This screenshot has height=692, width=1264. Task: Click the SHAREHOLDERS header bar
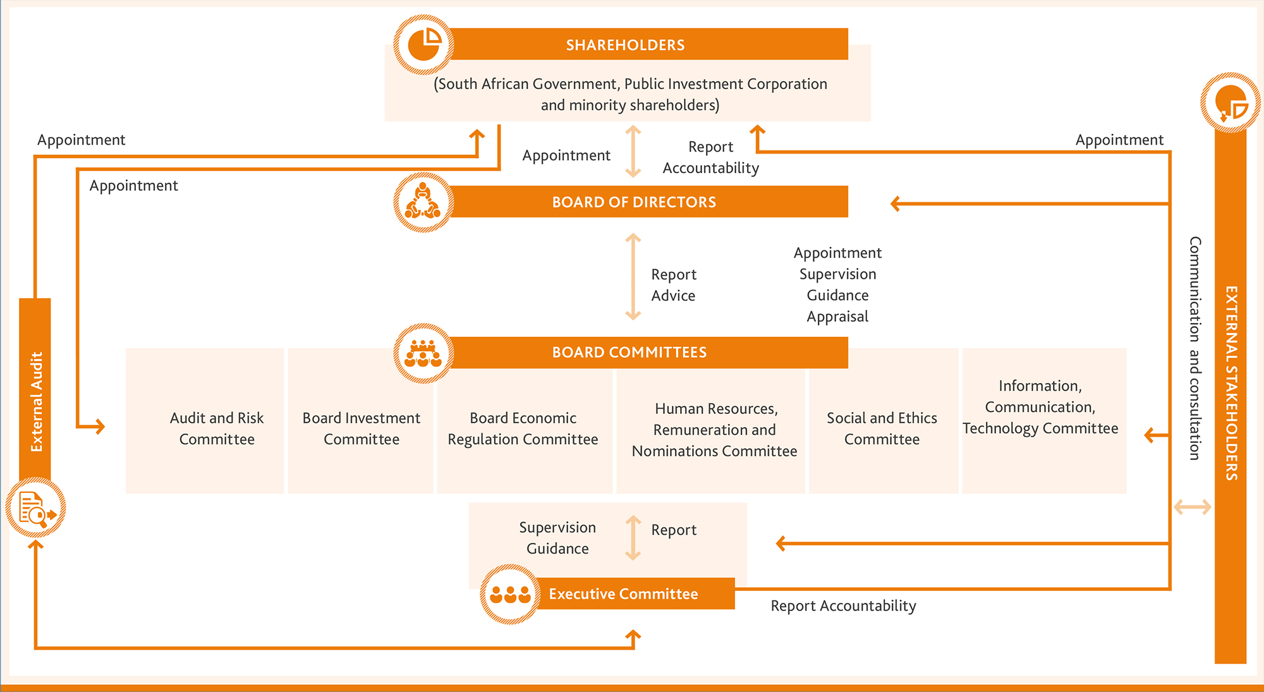[x=645, y=44]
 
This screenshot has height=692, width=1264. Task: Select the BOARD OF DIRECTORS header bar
[x=645, y=202]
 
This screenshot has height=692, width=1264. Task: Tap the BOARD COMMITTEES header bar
[x=645, y=353]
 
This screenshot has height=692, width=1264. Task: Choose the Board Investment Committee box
[x=361, y=428]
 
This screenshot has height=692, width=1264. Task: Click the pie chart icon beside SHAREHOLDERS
[x=423, y=45]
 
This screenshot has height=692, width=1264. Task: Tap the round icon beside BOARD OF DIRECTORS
[x=423, y=202]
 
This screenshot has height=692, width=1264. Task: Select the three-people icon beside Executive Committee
[x=510, y=594]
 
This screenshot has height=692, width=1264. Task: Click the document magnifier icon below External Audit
[x=35, y=508]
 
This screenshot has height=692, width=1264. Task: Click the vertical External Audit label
[x=36, y=401]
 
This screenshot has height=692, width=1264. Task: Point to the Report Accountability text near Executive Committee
[x=843, y=606]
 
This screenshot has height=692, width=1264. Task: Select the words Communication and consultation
[x=1194, y=348]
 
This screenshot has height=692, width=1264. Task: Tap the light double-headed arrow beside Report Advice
[x=633, y=276]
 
